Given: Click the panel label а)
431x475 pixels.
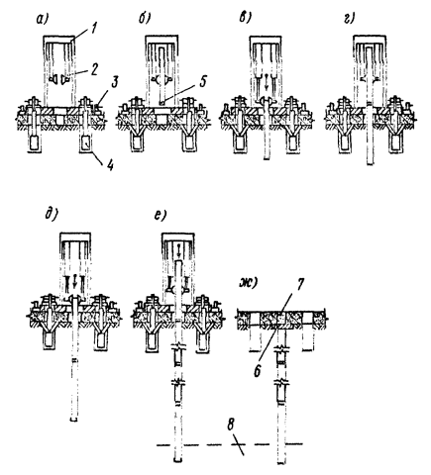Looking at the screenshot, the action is pos(42,20).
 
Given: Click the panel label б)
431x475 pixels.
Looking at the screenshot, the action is pos(145,19).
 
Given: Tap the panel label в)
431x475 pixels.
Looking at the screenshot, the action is pos(246,19).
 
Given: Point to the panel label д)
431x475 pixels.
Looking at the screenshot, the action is pos(52,216).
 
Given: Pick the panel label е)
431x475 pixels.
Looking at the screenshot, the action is pos(161,216).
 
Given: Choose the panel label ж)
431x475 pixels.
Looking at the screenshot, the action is pos(248,284).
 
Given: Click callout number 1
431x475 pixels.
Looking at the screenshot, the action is pos(94,29).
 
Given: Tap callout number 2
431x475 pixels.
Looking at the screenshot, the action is pos(94,70).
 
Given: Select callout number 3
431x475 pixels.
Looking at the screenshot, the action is pos(114,82).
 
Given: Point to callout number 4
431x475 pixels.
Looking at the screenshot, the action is pos(110,165).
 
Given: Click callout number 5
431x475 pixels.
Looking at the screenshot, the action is pos(202,81).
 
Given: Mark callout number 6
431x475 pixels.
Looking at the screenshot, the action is pos(257,371).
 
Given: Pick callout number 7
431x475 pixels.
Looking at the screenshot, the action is pos(300,285).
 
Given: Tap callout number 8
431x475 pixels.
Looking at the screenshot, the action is pos(231,425).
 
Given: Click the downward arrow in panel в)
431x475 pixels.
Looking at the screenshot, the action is pos(267,82).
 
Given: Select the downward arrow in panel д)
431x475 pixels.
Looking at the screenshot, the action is pos(74,280).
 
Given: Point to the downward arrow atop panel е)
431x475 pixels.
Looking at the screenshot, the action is pos(178,250).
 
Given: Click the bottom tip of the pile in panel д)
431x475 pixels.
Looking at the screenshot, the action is pos(74,421).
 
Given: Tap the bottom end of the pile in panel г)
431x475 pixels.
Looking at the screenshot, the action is pos(371,164).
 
